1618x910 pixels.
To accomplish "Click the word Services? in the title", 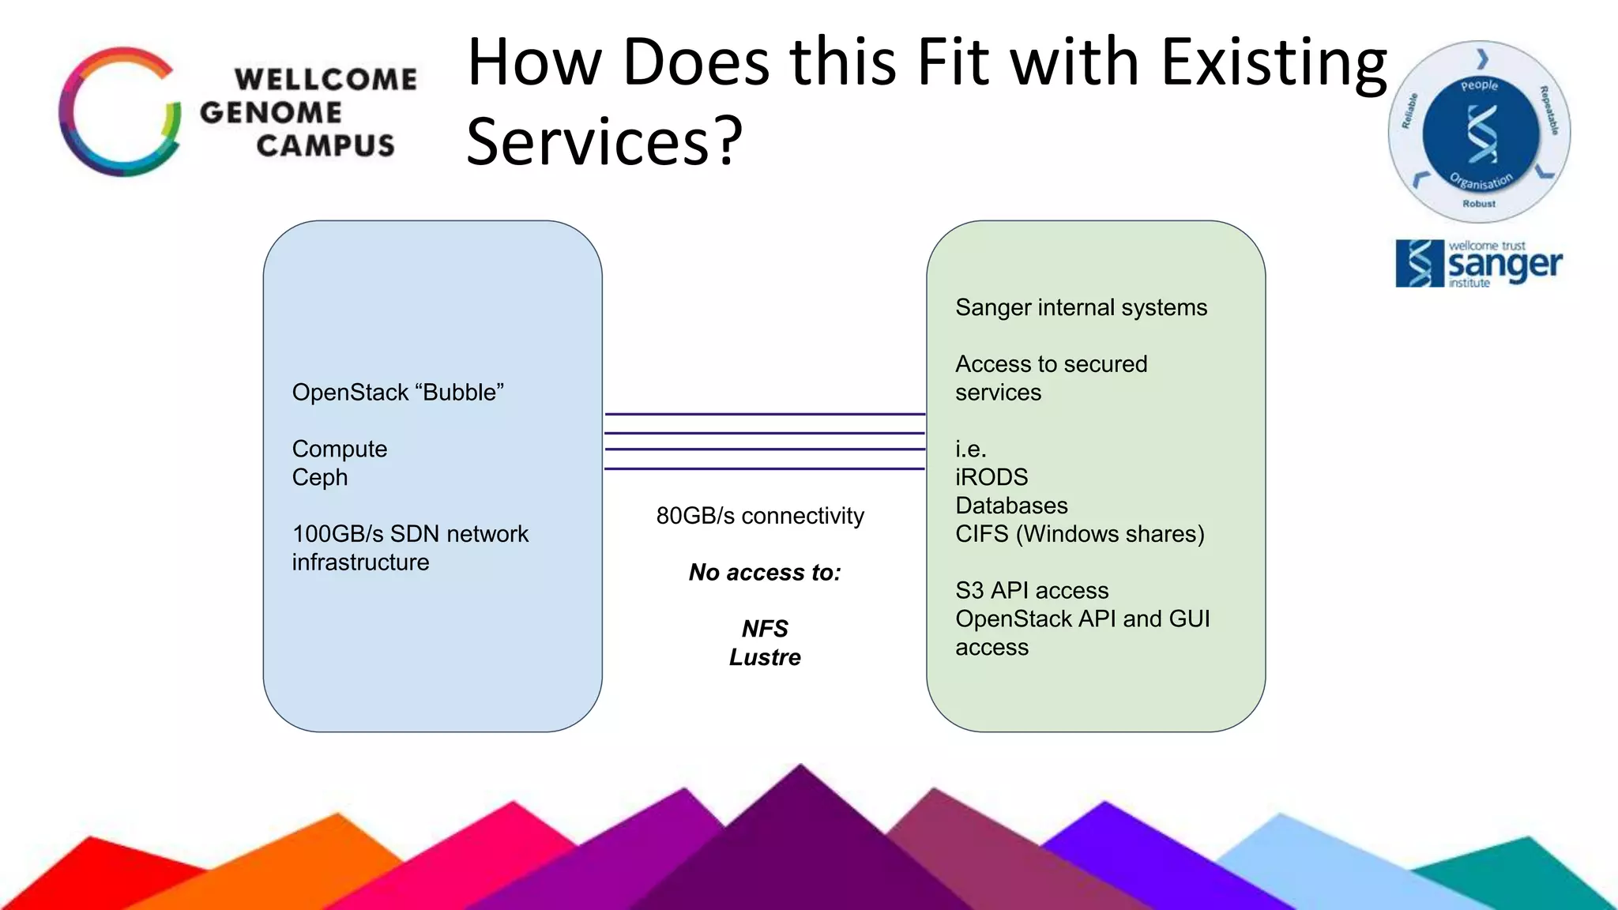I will click(x=604, y=141).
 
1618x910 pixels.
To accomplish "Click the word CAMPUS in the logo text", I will click(x=325, y=145).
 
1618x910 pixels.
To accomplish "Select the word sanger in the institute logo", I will click(x=1504, y=265).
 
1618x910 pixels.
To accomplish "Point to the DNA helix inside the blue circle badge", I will click(x=1481, y=134).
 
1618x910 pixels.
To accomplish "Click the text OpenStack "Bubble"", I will click(x=397, y=393).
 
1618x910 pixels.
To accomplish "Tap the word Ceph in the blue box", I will click(x=319, y=477).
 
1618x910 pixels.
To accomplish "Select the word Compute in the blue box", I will click(x=339, y=449).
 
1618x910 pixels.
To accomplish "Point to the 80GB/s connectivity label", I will click(x=760, y=516).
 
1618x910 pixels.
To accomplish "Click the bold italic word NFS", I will click(x=765, y=629).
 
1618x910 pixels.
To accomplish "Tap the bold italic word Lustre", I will click(x=765, y=657).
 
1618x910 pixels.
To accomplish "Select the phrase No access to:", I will click(x=765, y=572).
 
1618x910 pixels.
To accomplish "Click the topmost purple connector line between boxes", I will click(x=765, y=414).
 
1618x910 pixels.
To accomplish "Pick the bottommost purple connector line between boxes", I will click(x=765, y=469).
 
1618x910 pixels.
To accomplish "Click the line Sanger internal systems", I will click(x=1081, y=307).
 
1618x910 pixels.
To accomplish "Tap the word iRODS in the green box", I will click(x=991, y=477).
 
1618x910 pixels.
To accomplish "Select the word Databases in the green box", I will click(x=1011, y=506).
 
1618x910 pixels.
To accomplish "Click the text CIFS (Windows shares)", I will click(x=1079, y=534).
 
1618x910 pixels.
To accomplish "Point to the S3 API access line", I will click(x=1032, y=591).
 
